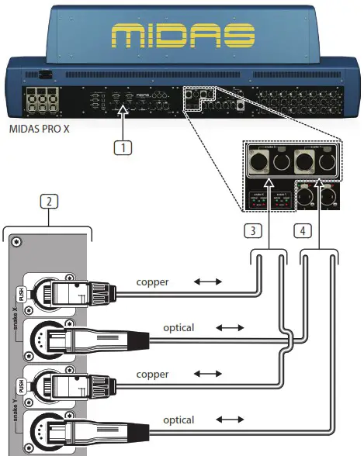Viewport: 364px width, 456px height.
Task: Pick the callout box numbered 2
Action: pos(49,203)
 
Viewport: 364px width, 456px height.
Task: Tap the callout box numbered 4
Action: pos(305,230)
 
